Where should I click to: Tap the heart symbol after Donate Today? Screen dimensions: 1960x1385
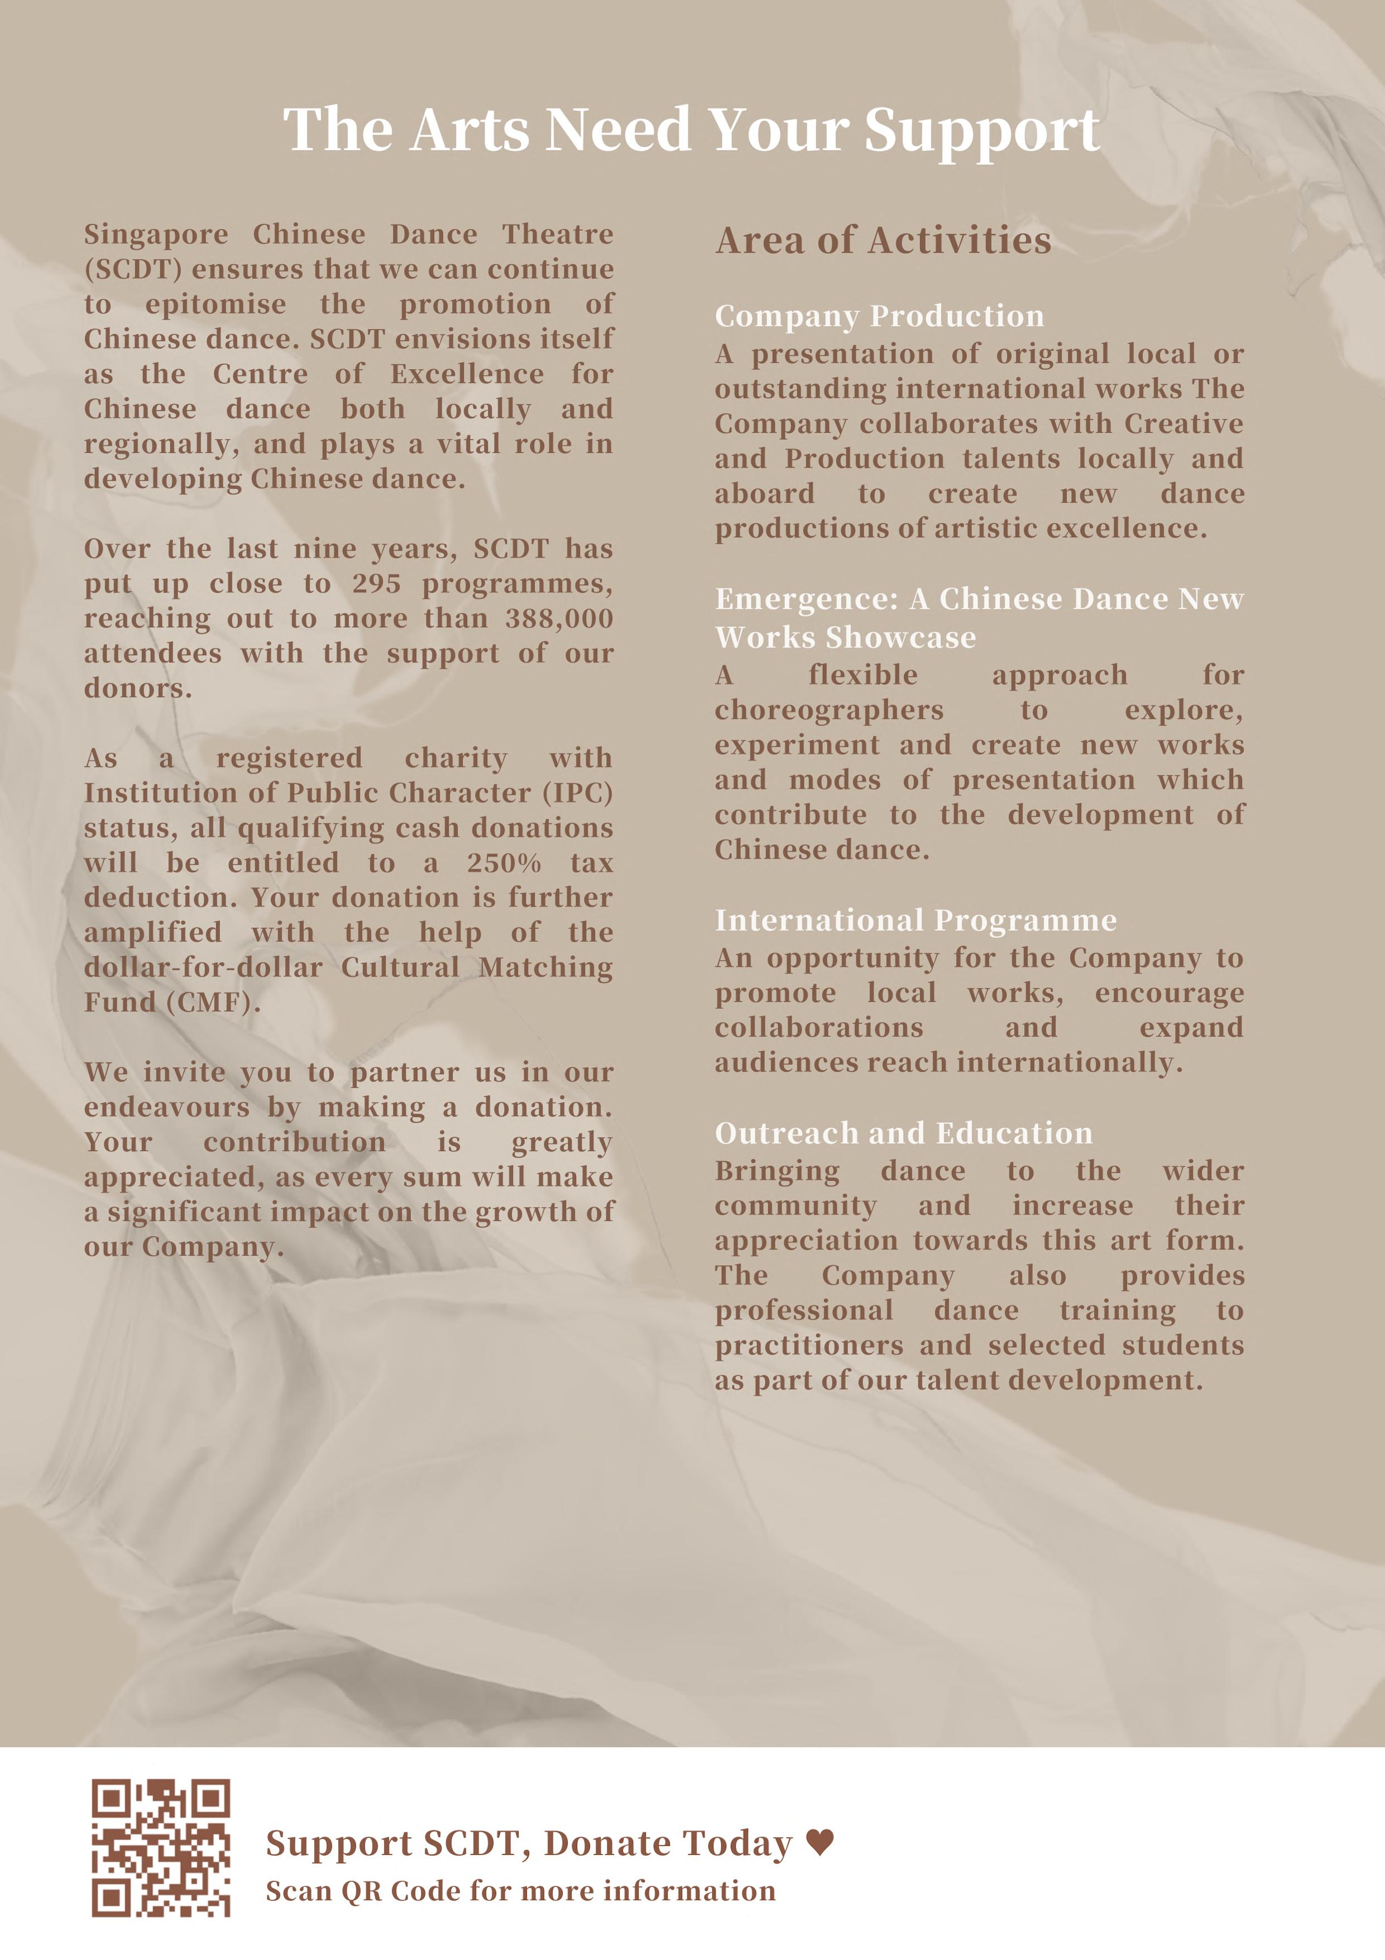pyautogui.click(x=820, y=1842)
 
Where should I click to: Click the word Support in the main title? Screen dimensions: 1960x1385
pyautogui.click(x=981, y=131)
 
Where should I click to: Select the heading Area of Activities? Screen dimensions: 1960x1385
pyautogui.click(x=883, y=241)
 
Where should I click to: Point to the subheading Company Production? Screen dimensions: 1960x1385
pyautogui.click(x=879, y=316)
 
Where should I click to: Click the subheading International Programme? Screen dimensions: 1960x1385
pyautogui.click(x=916, y=921)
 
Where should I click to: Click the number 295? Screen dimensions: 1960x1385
pyautogui.click(x=376, y=584)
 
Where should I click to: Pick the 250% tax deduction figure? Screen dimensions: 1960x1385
pyautogui.click(x=504, y=863)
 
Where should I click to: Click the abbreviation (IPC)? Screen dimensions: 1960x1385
pyautogui.click(x=578, y=793)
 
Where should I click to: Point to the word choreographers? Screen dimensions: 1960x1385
pyautogui.click(x=828, y=711)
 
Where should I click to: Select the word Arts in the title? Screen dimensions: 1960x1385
pyautogui.click(x=469, y=131)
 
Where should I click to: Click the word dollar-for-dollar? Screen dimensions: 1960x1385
pyautogui.click(x=203, y=968)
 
